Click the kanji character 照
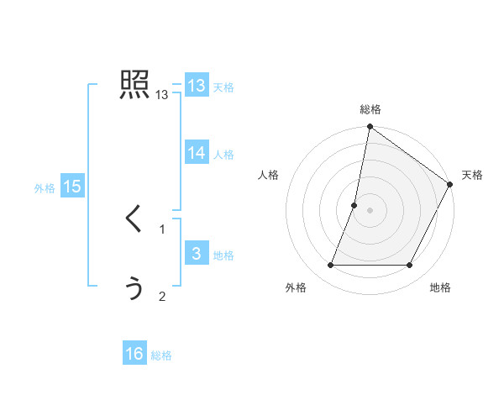click(x=134, y=86)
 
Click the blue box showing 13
click(x=196, y=86)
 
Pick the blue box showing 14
click(x=196, y=153)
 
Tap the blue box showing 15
click(x=72, y=187)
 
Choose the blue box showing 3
click(x=196, y=254)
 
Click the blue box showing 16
click(x=134, y=355)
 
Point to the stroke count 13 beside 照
click(x=162, y=96)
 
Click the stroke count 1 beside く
click(x=162, y=229)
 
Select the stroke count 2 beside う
click(x=162, y=296)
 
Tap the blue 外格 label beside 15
click(x=45, y=189)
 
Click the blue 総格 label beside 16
click(x=161, y=356)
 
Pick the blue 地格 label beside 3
click(x=223, y=255)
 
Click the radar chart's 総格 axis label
click(x=370, y=110)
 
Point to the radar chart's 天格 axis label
click(x=472, y=175)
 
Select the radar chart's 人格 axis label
click(x=268, y=175)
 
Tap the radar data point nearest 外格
click(x=330, y=266)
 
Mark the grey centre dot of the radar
click(x=370, y=210)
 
